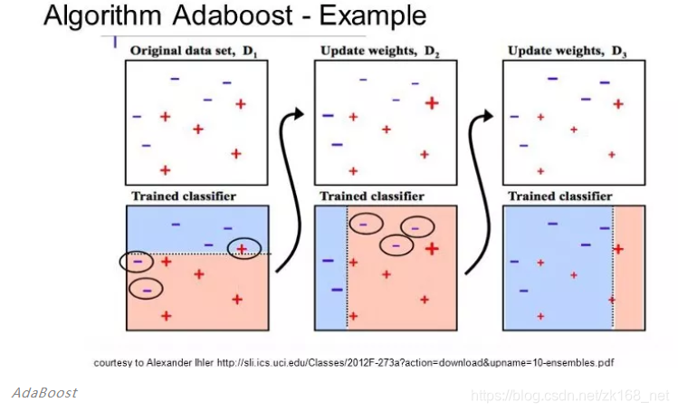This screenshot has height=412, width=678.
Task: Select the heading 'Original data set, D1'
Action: coord(195,51)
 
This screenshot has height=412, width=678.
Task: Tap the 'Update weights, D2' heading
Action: coord(379,51)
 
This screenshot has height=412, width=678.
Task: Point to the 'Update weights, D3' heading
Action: coord(568,51)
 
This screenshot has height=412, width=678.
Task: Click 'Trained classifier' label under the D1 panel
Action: coord(184,196)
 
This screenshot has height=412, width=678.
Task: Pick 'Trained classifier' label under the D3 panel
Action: coord(560,196)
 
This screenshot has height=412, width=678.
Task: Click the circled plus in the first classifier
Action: coord(243,248)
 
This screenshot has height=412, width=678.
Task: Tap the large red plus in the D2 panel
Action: coord(432,103)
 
